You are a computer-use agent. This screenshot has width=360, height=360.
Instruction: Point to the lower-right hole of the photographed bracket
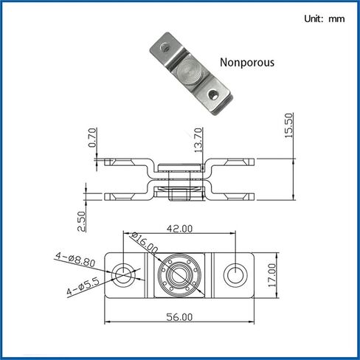(214, 95)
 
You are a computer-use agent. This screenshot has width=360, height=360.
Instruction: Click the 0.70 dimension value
(91, 138)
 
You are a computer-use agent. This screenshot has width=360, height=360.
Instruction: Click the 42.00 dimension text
(179, 230)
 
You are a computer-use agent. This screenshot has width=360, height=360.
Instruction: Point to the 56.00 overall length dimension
(179, 316)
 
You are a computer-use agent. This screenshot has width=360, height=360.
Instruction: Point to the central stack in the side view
(179, 179)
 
